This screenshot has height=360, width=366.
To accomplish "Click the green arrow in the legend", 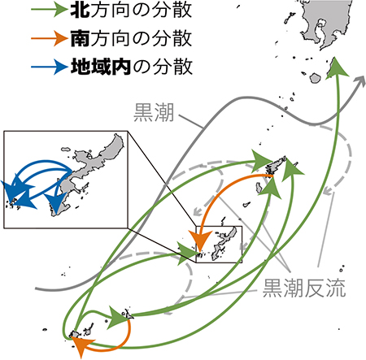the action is coord(49,10).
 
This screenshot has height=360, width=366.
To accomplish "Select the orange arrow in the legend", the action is coord(49,38).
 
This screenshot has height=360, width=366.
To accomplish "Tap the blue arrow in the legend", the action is coord(49,67).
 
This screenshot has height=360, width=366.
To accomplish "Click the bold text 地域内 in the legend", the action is coord(101,67).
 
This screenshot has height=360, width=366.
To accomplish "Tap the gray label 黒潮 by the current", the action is coord(154,112).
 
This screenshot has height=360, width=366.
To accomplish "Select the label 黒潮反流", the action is coord(304,288).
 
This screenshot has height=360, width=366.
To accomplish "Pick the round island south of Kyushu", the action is coord(316,78).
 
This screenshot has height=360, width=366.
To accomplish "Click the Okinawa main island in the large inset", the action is coord(89,173).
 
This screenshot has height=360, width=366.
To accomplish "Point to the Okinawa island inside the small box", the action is coord(224,244).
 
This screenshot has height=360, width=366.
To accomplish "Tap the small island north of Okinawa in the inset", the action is coord(66,150).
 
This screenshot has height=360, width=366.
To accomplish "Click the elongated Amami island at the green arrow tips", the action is coord(276,164).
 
